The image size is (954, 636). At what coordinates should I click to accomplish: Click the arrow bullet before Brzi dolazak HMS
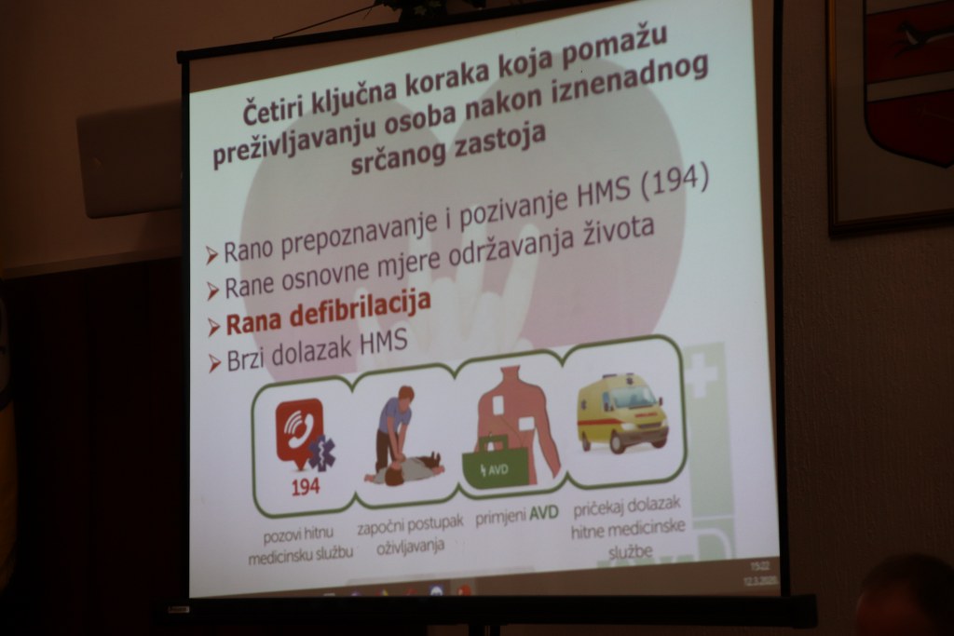pos(213,363)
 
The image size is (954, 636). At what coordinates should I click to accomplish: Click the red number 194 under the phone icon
pos(305,486)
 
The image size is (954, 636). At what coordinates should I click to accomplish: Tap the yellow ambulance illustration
pos(620,413)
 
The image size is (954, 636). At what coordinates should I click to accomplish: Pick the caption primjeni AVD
pos(516,516)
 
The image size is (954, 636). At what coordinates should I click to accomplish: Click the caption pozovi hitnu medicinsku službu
pos(300,544)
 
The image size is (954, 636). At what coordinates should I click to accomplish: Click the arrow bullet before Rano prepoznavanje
pos(211,255)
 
